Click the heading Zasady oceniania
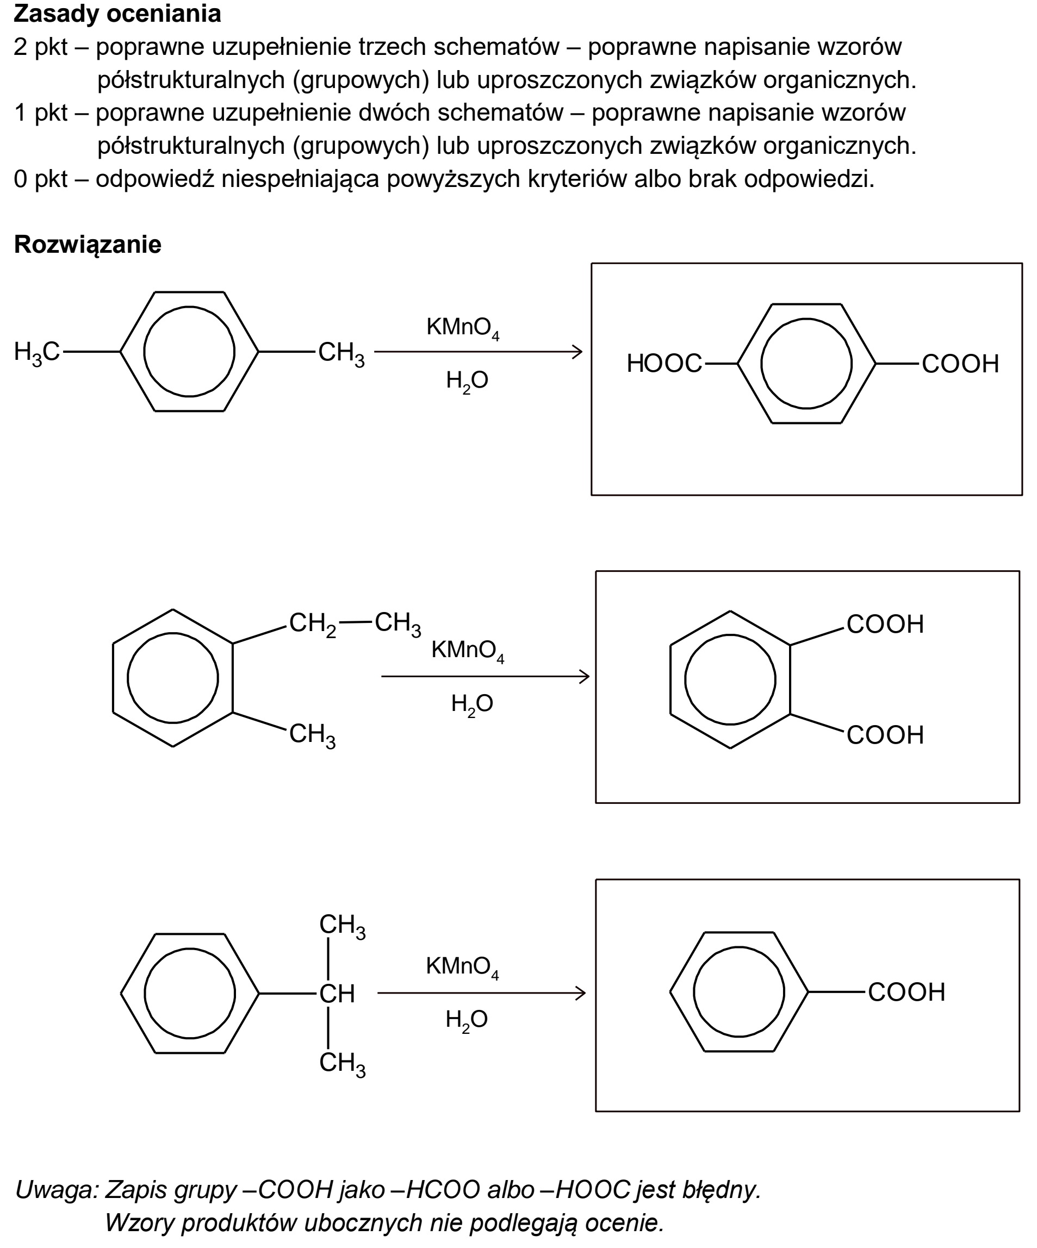click(x=117, y=14)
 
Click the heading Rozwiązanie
click(x=88, y=245)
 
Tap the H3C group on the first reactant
click(x=37, y=352)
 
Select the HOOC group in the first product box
click(x=664, y=364)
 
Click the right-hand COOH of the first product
click(x=960, y=364)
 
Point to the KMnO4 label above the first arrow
click(x=463, y=328)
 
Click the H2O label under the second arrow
click(x=472, y=705)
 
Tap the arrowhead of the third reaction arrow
click(x=580, y=993)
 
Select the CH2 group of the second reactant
click(x=313, y=624)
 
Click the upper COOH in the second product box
click(x=885, y=624)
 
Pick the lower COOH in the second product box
click(x=885, y=735)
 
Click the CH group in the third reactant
click(x=337, y=994)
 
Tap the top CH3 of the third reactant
click(x=343, y=926)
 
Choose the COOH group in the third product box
click(x=906, y=992)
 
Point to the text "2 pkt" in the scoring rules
click(x=40, y=47)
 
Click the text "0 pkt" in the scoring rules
click(x=40, y=179)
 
